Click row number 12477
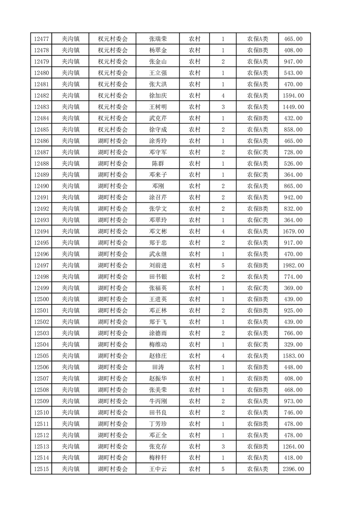point(41,39)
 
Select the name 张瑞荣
point(158,39)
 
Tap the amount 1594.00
point(293,96)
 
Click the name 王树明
point(158,107)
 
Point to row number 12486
point(41,141)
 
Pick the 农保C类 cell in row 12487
point(257,152)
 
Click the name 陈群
point(158,164)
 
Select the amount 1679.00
point(293,231)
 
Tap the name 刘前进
point(158,265)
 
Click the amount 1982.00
point(293,265)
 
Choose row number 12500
point(41,299)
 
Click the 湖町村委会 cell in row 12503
point(113,333)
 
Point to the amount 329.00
point(293,345)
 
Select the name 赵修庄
point(158,356)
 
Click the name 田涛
point(158,367)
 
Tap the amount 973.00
point(293,401)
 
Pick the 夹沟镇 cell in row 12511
point(71,424)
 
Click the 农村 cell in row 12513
point(195,446)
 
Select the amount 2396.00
point(293,469)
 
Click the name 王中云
point(158,469)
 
